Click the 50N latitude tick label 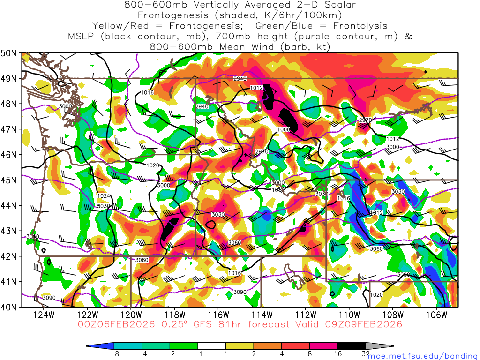click(x=10, y=53)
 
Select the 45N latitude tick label click(x=10, y=180)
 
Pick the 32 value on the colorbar click(x=366, y=354)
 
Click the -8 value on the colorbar click(x=113, y=354)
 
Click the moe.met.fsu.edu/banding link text click(x=421, y=356)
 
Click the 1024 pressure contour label click(x=104, y=196)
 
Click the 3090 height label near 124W click(x=49, y=298)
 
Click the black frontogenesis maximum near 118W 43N click(x=170, y=228)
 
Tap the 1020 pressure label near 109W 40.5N click(x=376, y=295)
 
